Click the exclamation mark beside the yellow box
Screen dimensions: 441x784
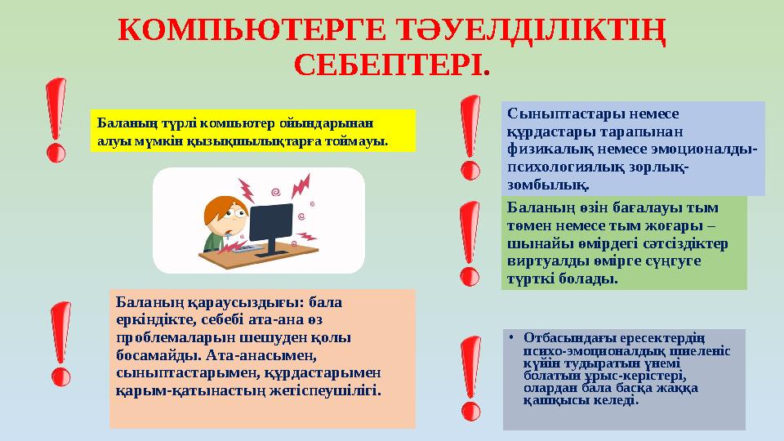56,118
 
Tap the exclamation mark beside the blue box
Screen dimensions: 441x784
470,136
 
